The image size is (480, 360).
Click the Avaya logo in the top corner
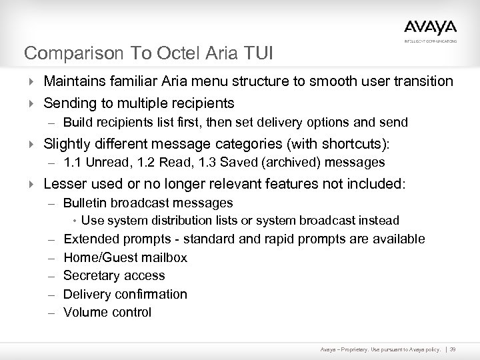click(430, 28)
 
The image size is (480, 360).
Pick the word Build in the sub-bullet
click(78, 123)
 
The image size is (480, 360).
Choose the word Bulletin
click(84, 203)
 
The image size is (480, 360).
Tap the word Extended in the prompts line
click(90, 239)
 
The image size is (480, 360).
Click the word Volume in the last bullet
click(83, 312)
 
